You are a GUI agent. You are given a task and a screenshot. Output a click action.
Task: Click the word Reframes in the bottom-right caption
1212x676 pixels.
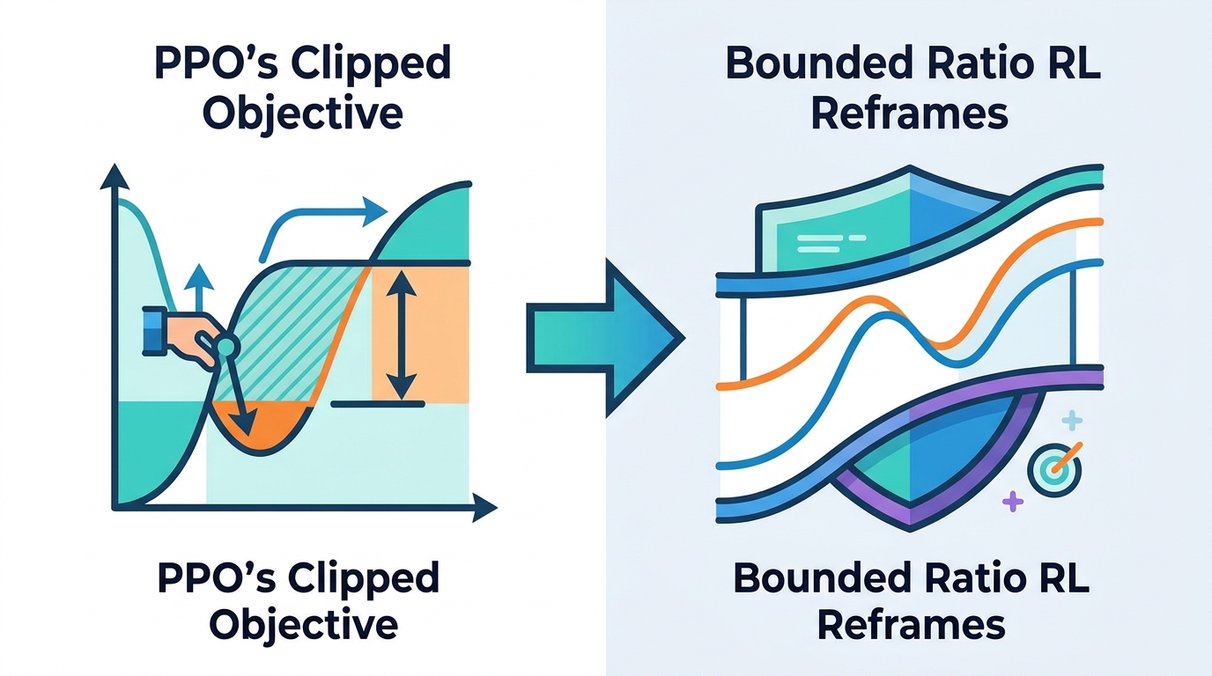point(911,624)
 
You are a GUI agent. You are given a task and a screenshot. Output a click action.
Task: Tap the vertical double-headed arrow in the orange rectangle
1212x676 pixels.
point(402,334)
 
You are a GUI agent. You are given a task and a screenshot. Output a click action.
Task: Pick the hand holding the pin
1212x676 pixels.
point(181,336)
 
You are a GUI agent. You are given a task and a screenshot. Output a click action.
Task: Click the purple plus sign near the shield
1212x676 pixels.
point(1014,502)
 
